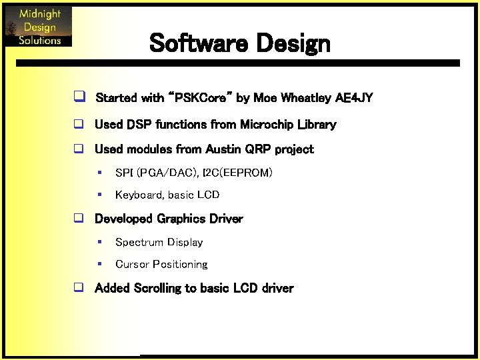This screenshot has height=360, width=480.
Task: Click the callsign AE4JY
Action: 354,98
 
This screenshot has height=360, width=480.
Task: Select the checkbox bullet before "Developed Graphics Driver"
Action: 78,219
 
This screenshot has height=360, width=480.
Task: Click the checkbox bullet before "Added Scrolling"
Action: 78,289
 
